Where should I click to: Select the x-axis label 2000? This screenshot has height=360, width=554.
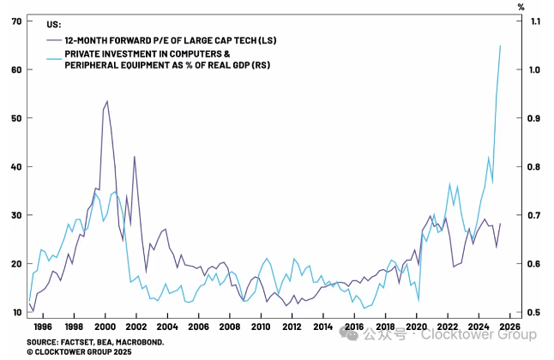click(x=105, y=327)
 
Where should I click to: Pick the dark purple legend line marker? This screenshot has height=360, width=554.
click(x=55, y=40)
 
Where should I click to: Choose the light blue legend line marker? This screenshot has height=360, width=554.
click(x=55, y=53)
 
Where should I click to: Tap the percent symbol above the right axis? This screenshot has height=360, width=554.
click(x=520, y=7)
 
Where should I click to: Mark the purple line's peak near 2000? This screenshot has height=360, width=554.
click(x=106, y=101)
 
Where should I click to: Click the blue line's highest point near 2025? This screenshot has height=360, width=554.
click(x=501, y=45)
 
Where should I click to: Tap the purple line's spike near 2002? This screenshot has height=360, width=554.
click(x=135, y=157)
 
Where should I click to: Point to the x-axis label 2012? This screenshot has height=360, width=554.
click(x=293, y=327)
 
